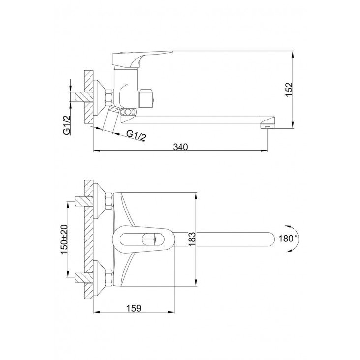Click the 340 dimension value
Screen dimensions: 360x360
(180, 147)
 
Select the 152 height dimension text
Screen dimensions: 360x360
(289, 90)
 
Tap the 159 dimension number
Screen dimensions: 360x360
(134, 308)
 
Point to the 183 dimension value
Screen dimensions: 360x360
(192, 239)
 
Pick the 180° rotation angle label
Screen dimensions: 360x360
(288, 239)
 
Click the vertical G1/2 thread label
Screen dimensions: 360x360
(67, 124)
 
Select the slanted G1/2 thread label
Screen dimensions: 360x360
(136, 135)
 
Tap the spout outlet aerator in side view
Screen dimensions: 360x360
(267, 126)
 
